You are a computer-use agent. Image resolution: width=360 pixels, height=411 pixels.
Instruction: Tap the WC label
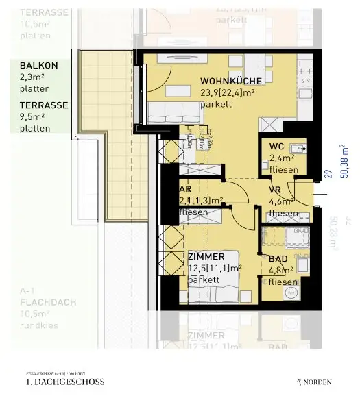pyautogui.click(x=277, y=147)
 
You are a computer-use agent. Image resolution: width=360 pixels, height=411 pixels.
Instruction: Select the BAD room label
pyautogui.click(x=277, y=260)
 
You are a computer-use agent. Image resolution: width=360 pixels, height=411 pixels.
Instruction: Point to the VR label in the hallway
pyautogui.click(x=276, y=190)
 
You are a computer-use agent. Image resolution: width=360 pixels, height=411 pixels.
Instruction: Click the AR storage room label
pyautogui.click(x=184, y=189)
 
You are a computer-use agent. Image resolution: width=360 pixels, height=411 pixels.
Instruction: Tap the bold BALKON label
pyautogui.click(x=38, y=65)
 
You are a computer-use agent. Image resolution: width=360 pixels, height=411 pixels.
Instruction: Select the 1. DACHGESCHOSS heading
pyautogui.click(x=64, y=382)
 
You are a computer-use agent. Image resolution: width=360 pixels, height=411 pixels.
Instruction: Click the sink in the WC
pyautogui.click(x=297, y=147)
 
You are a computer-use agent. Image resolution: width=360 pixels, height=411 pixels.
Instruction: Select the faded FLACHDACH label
pyautogui.click(x=48, y=301)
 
